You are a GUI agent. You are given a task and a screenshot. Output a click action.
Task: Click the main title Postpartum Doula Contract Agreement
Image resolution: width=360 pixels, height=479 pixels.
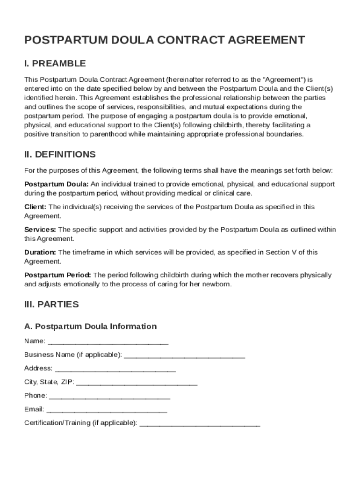(x=165, y=40)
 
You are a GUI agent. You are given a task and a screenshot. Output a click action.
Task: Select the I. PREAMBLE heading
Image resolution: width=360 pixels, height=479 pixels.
(x=55, y=64)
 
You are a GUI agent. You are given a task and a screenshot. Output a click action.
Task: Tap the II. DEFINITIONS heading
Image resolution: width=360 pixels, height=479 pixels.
(x=60, y=154)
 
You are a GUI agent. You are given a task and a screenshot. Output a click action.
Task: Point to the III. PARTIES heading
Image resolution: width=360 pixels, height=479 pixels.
(x=51, y=305)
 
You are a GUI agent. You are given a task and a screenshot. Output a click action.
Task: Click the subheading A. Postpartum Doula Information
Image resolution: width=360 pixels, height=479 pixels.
(x=90, y=327)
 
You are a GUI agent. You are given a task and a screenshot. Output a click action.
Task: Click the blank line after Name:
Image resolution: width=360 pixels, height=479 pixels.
(x=108, y=341)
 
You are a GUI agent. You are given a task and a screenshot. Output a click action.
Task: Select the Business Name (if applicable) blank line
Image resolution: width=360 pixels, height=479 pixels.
(x=185, y=355)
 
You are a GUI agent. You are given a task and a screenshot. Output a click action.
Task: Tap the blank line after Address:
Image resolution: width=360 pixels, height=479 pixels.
(x=115, y=369)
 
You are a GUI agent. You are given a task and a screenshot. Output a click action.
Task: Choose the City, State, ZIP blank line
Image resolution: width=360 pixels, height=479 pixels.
(x=137, y=382)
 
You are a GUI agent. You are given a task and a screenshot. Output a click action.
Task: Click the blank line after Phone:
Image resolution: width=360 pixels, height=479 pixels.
(x=109, y=396)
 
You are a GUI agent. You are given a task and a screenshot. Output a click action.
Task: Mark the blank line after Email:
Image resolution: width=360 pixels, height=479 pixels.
(x=107, y=410)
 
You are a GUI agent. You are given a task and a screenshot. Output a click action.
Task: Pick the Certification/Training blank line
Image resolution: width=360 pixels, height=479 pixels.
(x=200, y=423)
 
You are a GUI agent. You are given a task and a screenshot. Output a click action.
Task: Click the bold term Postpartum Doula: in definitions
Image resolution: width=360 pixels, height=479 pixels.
(x=56, y=184)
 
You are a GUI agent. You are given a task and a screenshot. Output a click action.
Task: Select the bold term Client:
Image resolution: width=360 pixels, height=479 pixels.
(x=35, y=207)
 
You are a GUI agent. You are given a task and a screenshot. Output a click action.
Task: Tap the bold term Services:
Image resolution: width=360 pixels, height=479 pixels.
(x=40, y=230)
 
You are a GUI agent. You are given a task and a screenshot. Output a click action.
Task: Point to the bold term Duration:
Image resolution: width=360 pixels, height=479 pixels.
(x=41, y=253)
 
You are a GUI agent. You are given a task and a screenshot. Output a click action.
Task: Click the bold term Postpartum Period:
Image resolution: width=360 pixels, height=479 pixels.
(x=58, y=275)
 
